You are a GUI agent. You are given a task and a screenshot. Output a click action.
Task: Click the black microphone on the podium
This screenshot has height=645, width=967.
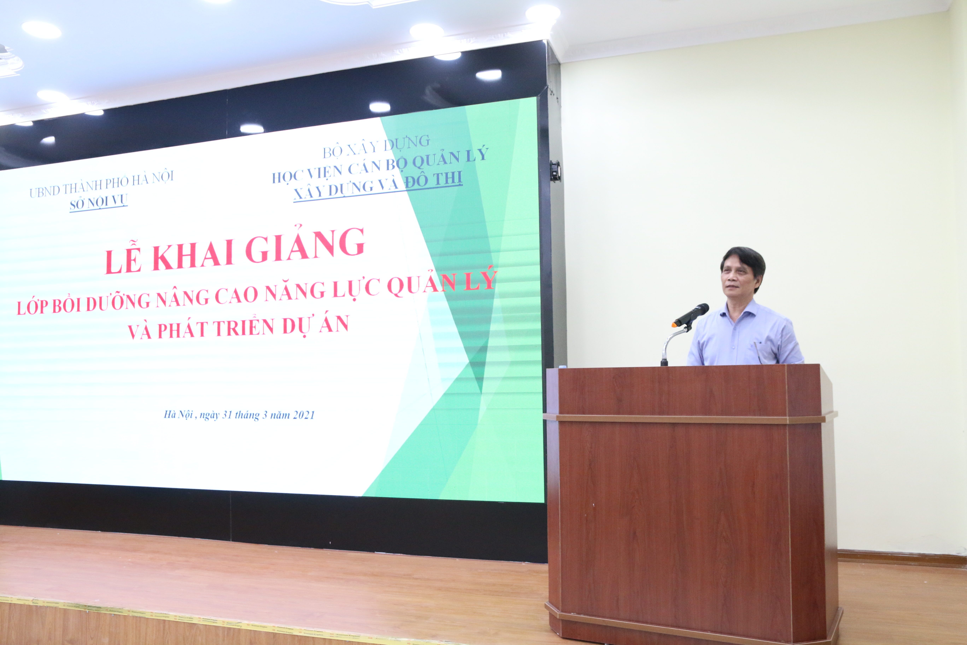pyautogui.click(x=691, y=315)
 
